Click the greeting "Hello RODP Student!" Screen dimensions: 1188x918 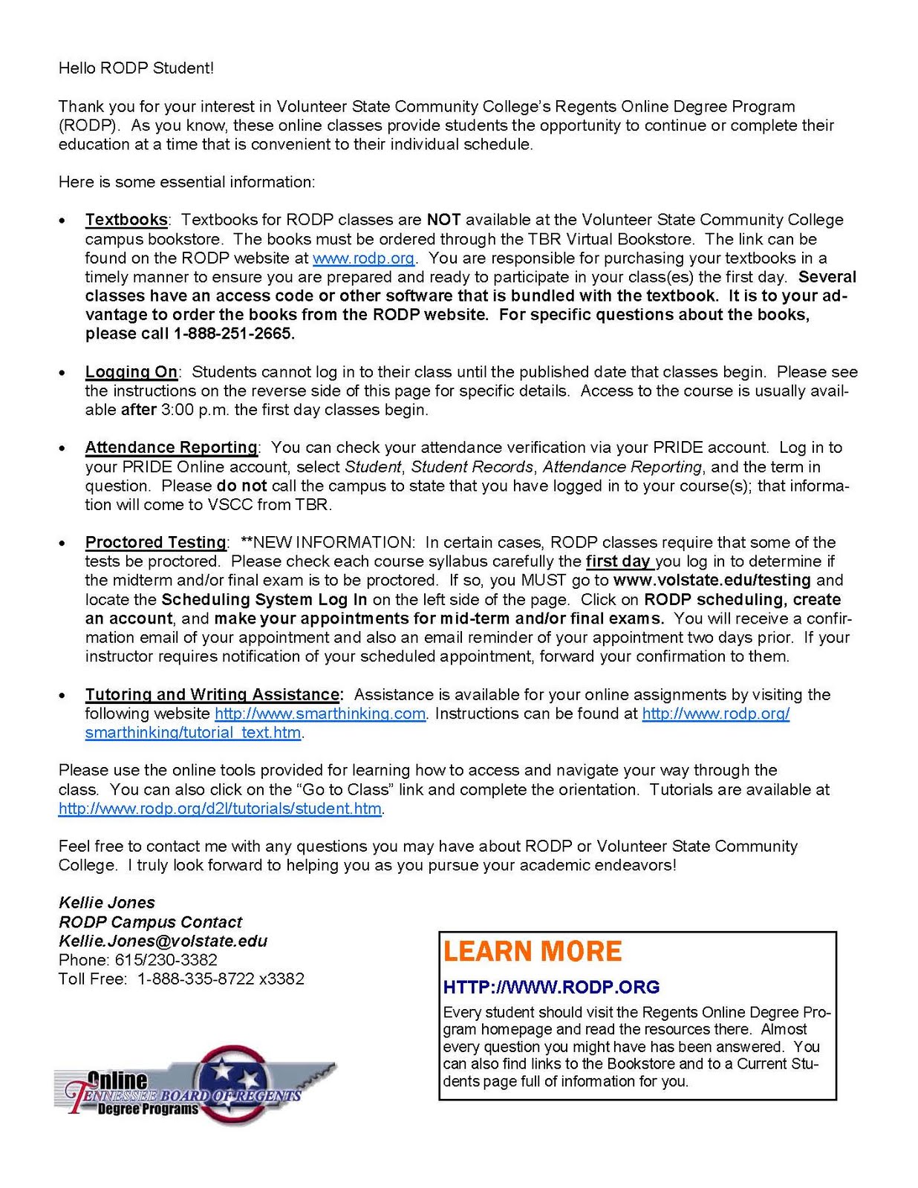click(136, 68)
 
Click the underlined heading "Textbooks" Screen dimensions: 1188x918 click(126, 220)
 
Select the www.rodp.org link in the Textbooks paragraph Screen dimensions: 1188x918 click(363, 258)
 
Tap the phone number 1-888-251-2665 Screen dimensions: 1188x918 click(233, 334)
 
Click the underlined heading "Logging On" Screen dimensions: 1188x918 click(131, 372)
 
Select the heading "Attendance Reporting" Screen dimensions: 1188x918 click(171, 448)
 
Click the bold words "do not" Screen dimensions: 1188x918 click(241, 486)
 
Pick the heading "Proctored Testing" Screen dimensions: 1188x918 click(156, 543)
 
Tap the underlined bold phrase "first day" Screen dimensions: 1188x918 click(619, 561)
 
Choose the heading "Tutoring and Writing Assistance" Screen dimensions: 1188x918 click(213, 695)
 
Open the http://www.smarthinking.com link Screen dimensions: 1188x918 click(320, 714)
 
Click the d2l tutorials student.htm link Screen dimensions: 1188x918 click(220, 809)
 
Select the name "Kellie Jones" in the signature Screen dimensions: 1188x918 click(107, 903)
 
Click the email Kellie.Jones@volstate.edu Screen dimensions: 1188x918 click(163, 941)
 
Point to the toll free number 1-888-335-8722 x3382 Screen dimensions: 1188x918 click(221, 979)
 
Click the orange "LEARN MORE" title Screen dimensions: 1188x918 click(533, 952)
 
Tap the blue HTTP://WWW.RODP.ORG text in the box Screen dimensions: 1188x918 click(551, 987)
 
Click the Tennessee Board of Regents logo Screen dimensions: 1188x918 click(195, 1084)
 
